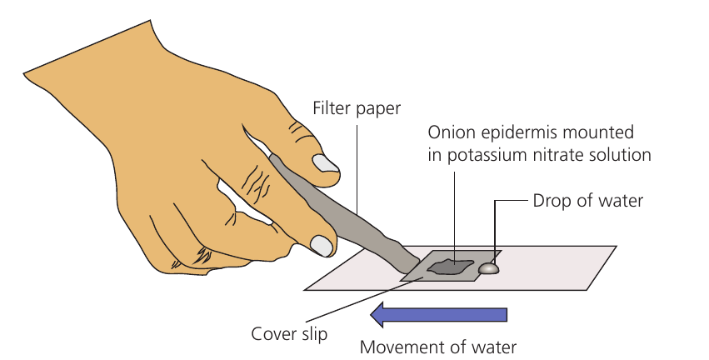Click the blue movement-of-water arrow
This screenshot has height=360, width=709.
438,315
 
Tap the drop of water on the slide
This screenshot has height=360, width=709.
489,268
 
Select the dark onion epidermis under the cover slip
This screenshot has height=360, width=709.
451,267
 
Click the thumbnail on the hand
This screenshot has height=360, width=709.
326,163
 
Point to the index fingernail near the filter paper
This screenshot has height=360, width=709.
322,246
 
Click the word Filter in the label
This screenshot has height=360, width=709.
332,108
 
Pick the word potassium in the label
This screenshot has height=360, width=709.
486,156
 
